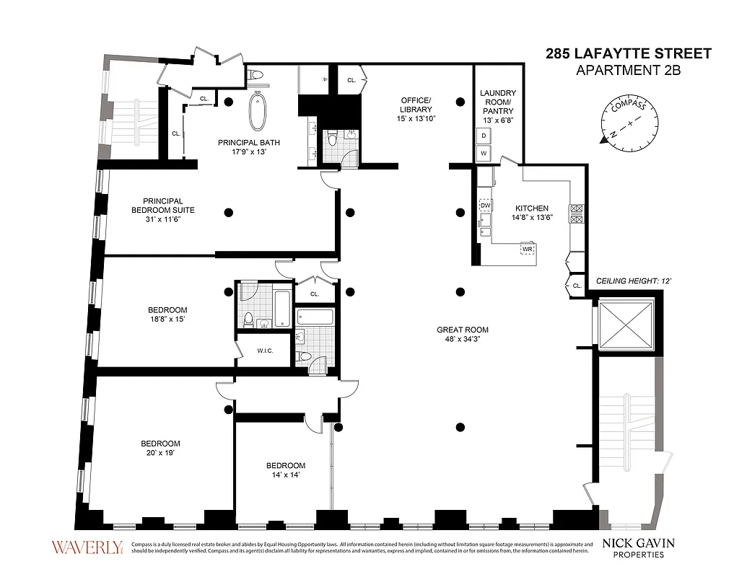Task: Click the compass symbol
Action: pos(630,123)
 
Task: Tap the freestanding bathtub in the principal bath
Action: pos(258,113)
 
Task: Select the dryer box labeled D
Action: pos(484,136)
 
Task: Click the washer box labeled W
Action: pos(484,153)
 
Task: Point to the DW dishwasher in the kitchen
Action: pos(485,205)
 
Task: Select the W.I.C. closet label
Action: pos(264,351)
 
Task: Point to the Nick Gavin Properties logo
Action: pos(639,547)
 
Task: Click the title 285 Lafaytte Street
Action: pos(627,53)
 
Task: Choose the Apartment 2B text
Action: pos(627,70)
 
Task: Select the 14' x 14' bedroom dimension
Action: pos(285,475)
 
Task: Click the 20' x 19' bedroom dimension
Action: pos(160,453)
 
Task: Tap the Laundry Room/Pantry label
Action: pos(498,102)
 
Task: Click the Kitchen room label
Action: pos(531,208)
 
